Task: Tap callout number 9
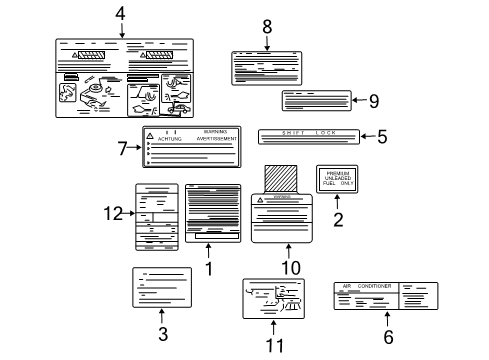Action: point(373,100)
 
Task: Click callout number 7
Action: point(123,148)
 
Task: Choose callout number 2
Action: point(338,219)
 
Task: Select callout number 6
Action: point(388,337)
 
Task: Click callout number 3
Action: point(162,336)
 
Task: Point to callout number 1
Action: point(209,268)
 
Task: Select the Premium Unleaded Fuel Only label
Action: point(337,179)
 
